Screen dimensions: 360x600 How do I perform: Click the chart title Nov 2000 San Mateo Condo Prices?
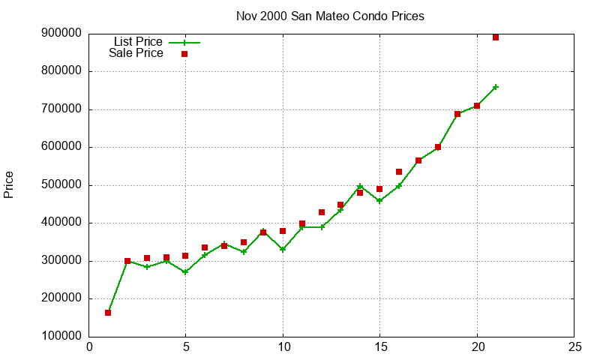click(x=330, y=16)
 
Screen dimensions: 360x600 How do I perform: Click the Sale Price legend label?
click(x=136, y=53)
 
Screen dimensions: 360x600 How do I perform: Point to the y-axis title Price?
click(x=9, y=184)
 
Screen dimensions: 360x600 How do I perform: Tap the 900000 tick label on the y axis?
click(x=62, y=33)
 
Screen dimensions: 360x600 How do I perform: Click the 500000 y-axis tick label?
click(x=62, y=185)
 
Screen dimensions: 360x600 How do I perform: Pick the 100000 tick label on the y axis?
click(x=62, y=337)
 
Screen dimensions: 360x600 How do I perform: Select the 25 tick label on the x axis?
click(x=574, y=347)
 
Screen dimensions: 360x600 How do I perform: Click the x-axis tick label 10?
click(x=283, y=347)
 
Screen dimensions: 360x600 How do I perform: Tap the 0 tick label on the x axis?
click(x=89, y=347)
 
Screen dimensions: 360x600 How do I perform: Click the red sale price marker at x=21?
click(x=496, y=37)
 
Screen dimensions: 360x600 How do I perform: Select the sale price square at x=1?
click(x=108, y=313)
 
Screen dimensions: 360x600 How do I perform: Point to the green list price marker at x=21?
click(x=496, y=87)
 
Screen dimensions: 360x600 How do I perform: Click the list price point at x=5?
click(x=185, y=272)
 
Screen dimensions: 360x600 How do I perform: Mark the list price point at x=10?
click(x=283, y=249)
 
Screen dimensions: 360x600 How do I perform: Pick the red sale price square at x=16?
click(x=399, y=172)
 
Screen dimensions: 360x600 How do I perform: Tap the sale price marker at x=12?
click(x=322, y=212)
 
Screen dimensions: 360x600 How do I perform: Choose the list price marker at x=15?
click(x=379, y=201)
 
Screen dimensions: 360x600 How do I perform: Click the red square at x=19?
click(x=457, y=114)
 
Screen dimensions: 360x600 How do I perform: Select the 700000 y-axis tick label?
click(x=62, y=109)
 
